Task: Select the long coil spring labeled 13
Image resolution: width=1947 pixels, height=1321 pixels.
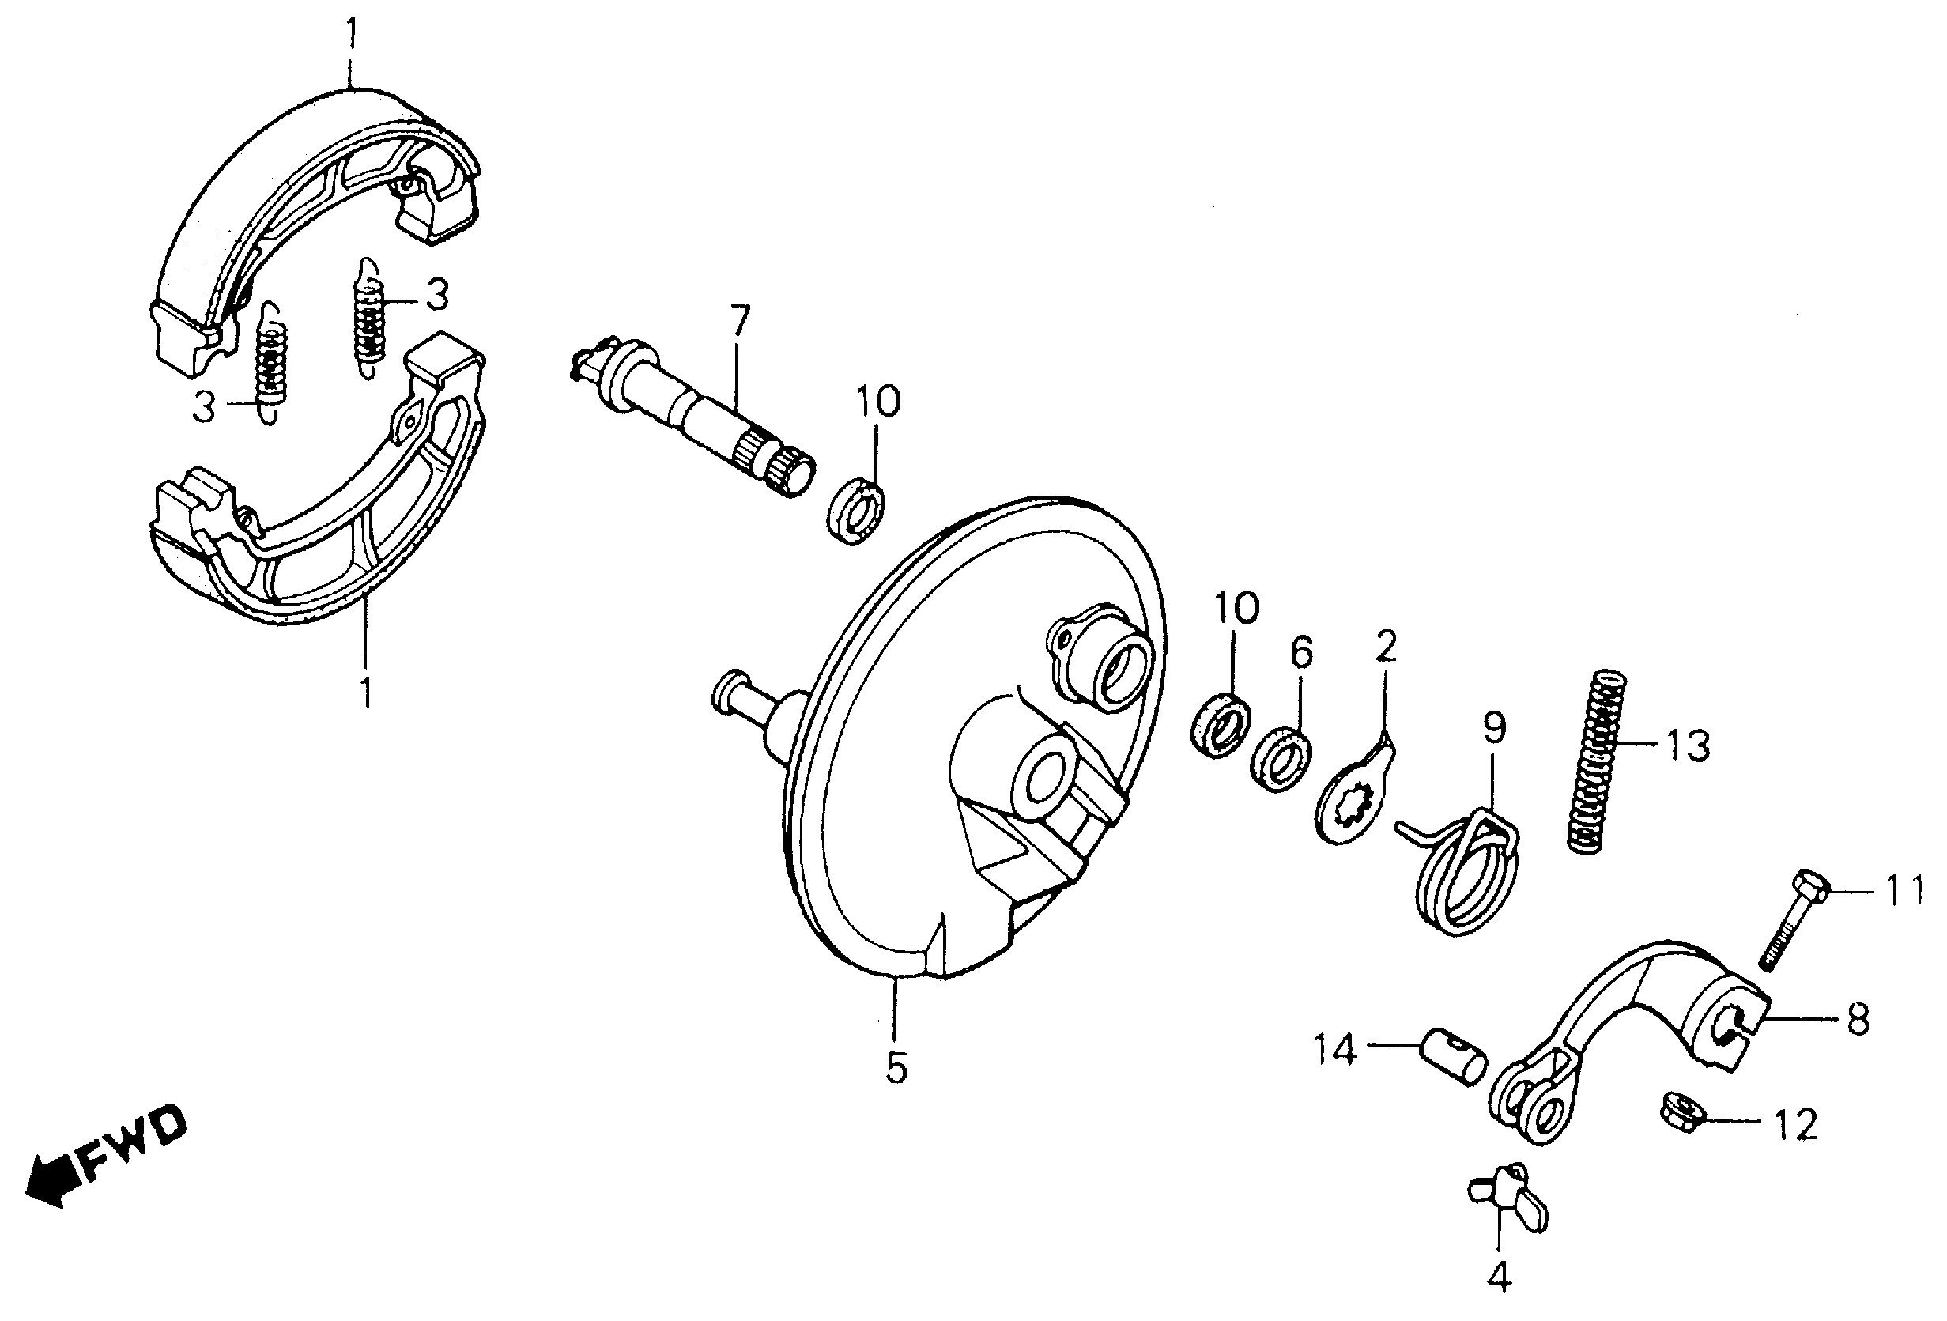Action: tap(1597, 761)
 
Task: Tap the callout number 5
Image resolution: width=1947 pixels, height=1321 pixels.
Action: tap(896, 1068)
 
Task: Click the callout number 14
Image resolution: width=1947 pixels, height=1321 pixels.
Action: tap(1334, 1050)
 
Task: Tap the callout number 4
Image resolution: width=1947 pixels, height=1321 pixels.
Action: tap(1500, 1278)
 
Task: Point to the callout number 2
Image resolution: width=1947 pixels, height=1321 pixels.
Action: tap(1386, 646)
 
